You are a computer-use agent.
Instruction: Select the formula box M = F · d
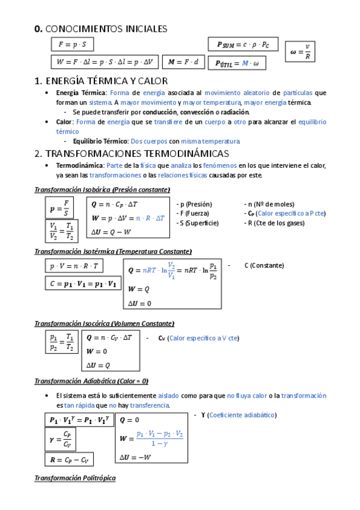click(184, 61)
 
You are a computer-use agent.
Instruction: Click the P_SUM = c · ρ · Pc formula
click(243, 44)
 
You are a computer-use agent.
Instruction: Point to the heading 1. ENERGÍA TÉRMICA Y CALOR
click(101, 81)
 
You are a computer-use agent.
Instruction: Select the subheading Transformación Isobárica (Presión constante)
click(102, 190)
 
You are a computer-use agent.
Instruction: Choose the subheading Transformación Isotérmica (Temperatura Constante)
click(113, 251)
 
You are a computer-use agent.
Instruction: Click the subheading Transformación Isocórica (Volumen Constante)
click(105, 324)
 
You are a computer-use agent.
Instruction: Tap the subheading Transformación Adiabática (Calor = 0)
click(91, 381)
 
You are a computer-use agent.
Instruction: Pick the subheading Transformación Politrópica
click(75, 478)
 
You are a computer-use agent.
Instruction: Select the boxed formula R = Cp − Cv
click(69, 460)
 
